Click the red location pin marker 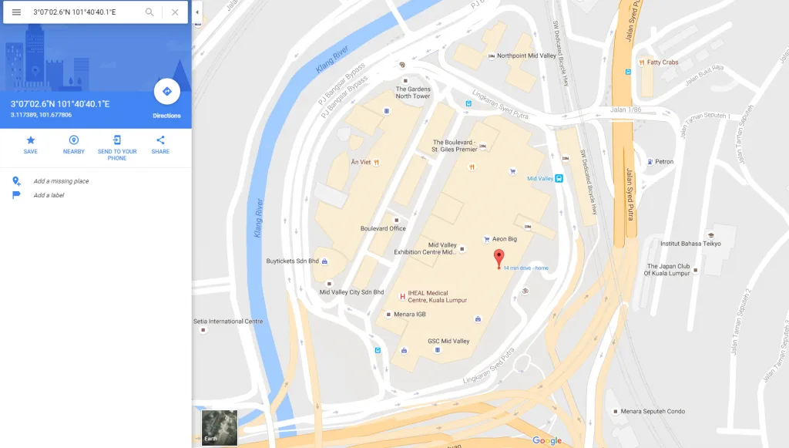[499, 257]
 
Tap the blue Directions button [166, 92]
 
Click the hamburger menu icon [16, 12]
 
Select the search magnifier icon [149, 12]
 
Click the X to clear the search [175, 12]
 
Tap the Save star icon [31, 140]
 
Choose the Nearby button [74, 140]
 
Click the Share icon [160, 140]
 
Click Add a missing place [61, 181]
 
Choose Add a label [49, 195]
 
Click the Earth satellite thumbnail [220, 427]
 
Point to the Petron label [663, 162]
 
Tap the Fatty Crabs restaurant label [662, 62]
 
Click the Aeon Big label [505, 239]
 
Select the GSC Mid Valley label [448, 341]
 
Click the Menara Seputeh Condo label [653, 411]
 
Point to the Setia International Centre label [228, 322]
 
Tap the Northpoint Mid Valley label [526, 56]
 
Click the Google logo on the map [547, 440]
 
